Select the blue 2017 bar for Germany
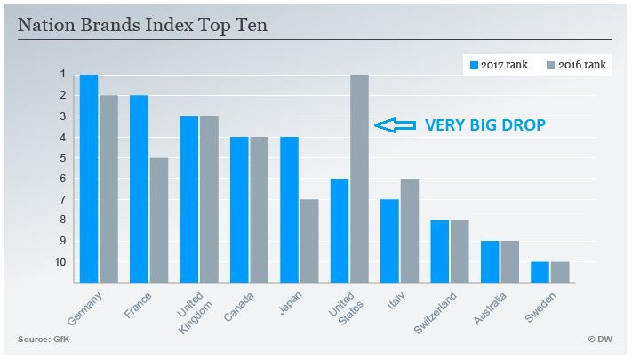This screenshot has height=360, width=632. [x=89, y=178]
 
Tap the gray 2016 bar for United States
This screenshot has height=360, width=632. [x=359, y=178]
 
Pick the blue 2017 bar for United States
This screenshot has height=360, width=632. [x=339, y=231]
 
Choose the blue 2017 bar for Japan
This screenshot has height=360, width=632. [x=289, y=210]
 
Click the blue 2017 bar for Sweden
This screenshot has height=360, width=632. [x=540, y=272]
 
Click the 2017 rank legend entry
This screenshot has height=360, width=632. [x=498, y=66]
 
